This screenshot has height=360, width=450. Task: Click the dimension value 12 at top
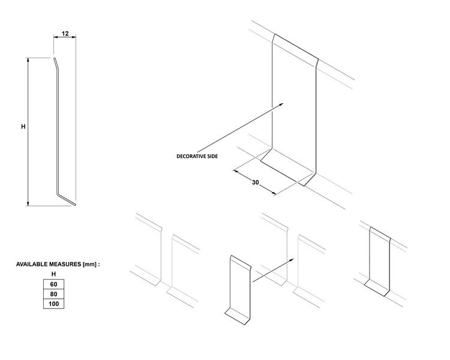point(65,34)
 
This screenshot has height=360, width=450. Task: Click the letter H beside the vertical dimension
point(23,127)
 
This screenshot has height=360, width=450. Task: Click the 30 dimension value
point(256,182)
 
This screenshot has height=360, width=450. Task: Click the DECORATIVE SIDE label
point(197,156)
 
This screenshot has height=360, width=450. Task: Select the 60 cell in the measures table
point(53,283)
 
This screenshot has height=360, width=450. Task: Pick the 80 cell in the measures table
point(53,293)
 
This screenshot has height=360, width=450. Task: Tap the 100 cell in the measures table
point(53,304)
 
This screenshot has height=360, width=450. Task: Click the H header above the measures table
point(53,274)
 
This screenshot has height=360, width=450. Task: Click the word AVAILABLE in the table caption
point(32,264)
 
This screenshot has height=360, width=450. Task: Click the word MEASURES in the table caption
point(67,264)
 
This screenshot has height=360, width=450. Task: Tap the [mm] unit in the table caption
point(89,264)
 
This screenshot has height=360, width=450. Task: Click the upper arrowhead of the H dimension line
point(28,59)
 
